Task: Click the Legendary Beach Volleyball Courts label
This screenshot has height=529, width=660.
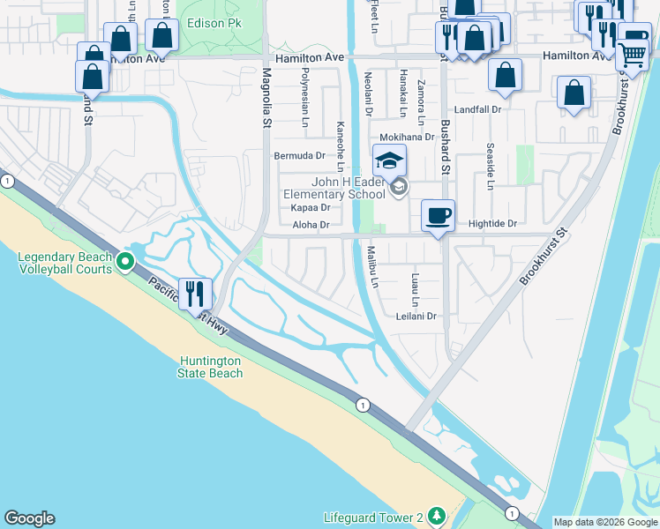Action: point(65,263)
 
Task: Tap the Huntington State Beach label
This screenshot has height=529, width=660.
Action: point(211,367)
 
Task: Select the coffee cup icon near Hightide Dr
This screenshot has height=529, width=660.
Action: point(438,215)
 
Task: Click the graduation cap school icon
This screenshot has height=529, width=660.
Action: point(388,160)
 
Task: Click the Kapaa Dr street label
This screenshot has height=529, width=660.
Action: point(310,208)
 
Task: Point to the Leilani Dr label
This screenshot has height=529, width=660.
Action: point(416,316)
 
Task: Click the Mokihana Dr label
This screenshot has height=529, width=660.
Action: point(407,138)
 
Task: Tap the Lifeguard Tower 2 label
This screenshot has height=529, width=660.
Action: point(373,515)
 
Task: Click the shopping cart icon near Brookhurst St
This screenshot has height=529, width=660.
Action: point(632,55)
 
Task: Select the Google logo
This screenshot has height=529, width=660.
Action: point(29,518)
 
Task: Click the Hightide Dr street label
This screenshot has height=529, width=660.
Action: point(492,224)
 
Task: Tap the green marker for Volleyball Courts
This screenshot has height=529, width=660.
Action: point(125,261)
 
